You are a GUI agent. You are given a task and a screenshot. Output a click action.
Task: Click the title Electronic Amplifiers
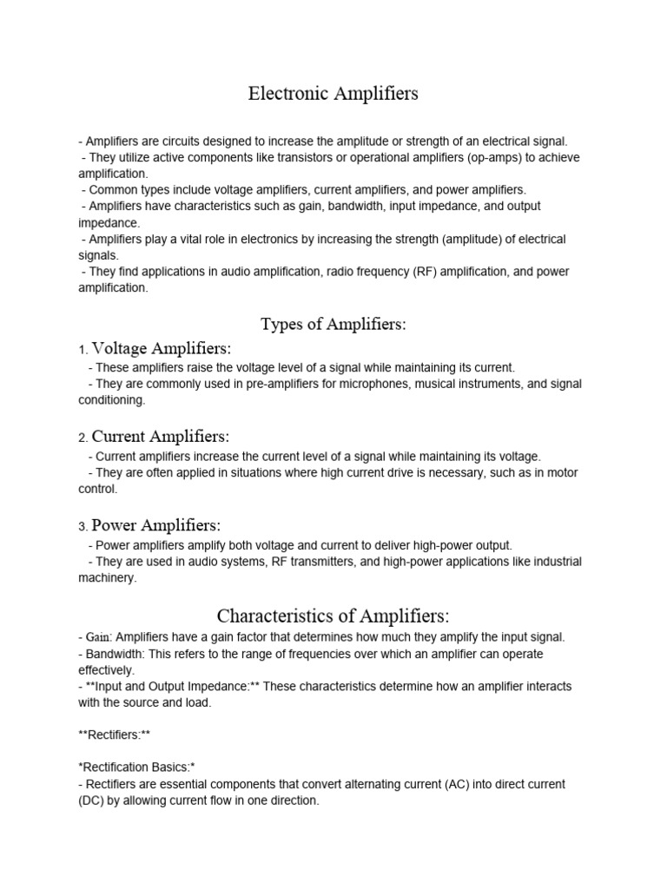[333, 94]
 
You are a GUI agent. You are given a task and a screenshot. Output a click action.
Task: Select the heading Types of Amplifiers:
[333, 325]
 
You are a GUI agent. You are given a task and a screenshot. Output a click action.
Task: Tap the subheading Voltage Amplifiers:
[162, 349]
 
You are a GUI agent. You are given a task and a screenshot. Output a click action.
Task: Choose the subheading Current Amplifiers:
[161, 437]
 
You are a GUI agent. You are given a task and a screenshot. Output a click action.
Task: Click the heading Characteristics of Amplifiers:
[333, 616]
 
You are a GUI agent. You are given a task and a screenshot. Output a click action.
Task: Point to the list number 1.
[82, 351]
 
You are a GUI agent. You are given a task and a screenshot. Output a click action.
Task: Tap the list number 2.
[82, 438]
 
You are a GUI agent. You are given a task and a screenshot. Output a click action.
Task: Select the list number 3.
[82, 527]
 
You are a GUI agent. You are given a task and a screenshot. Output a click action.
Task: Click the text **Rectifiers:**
[114, 735]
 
